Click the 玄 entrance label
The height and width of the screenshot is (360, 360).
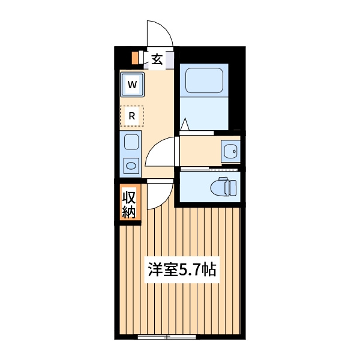pyautogui.click(x=157, y=59)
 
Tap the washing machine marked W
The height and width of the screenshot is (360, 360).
pyautogui.click(x=132, y=84)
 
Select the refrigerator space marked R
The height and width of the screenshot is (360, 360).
pyautogui.click(x=131, y=115)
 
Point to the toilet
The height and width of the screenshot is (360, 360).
pyautogui.click(x=225, y=188)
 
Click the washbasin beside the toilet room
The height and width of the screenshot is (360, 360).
pyautogui.click(x=230, y=151)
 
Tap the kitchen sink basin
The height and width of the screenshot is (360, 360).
pyautogui.click(x=131, y=143)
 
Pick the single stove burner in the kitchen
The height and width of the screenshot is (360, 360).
pyautogui.click(x=131, y=164)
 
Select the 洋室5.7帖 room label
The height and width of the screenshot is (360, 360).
pyautogui.click(x=182, y=269)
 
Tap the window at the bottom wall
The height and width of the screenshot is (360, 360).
pyautogui.click(x=167, y=337)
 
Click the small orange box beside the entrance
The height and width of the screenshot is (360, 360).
pyautogui.click(x=136, y=58)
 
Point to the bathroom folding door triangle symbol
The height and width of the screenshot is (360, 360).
pyautogui.click(x=185, y=125)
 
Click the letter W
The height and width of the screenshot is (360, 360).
pyautogui.click(x=132, y=84)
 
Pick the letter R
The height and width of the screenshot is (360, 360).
pyautogui.click(x=131, y=115)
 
